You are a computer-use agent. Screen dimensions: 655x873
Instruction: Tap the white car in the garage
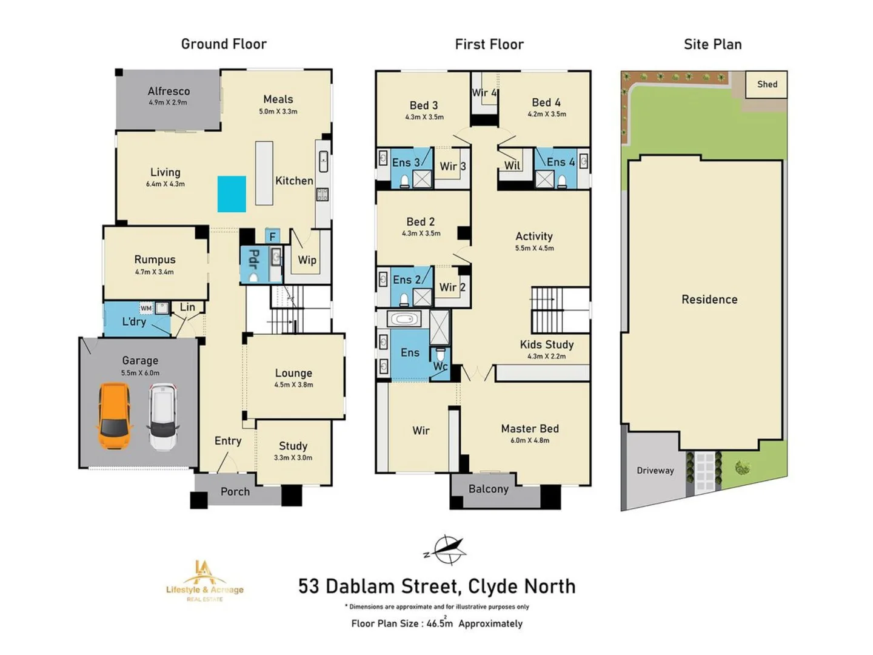163,417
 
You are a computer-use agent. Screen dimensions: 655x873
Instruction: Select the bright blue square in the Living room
232,194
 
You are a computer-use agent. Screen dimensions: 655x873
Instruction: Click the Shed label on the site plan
767,84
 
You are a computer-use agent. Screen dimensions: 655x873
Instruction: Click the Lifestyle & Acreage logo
205,581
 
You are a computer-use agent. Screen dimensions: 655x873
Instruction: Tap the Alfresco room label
169,91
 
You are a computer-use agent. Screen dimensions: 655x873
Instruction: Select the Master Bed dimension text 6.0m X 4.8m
529,441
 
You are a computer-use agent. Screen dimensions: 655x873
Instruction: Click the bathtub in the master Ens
403,319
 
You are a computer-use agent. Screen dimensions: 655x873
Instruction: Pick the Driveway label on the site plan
655,471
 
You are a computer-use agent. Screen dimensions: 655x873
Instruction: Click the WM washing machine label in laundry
146,309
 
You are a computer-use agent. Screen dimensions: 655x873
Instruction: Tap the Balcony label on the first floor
488,489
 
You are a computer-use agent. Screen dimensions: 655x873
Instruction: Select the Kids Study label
546,344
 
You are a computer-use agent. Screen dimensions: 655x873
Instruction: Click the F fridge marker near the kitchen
272,237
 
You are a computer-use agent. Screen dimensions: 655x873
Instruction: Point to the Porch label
235,492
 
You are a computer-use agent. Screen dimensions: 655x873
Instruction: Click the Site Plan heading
712,44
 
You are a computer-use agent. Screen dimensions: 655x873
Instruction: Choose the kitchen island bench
264,173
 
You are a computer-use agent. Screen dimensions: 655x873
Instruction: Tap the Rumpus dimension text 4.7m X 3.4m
154,272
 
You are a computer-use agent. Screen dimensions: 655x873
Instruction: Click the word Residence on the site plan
709,300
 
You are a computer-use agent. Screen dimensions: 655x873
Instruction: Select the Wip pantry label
307,260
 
